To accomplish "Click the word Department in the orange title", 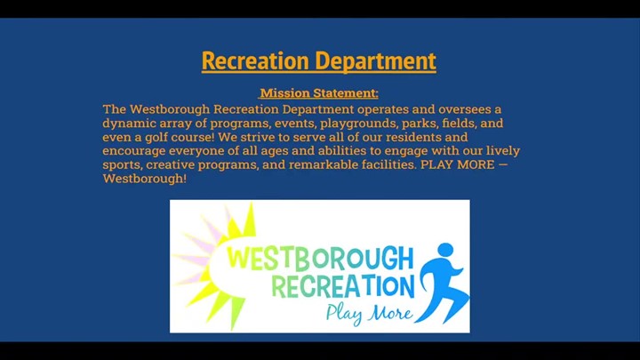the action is pyautogui.click(x=375, y=61).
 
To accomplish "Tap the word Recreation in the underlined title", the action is pyautogui.click(x=255, y=60).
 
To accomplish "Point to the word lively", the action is pyautogui.click(x=503, y=151).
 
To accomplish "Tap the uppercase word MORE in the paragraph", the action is pyautogui.click(x=476, y=164).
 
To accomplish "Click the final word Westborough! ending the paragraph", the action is pyautogui.click(x=145, y=179).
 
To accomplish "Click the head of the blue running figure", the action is pyautogui.click(x=445, y=250).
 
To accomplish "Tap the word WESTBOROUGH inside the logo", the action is pyautogui.click(x=320, y=258).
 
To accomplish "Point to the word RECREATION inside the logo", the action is pyautogui.click(x=343, y=285).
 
